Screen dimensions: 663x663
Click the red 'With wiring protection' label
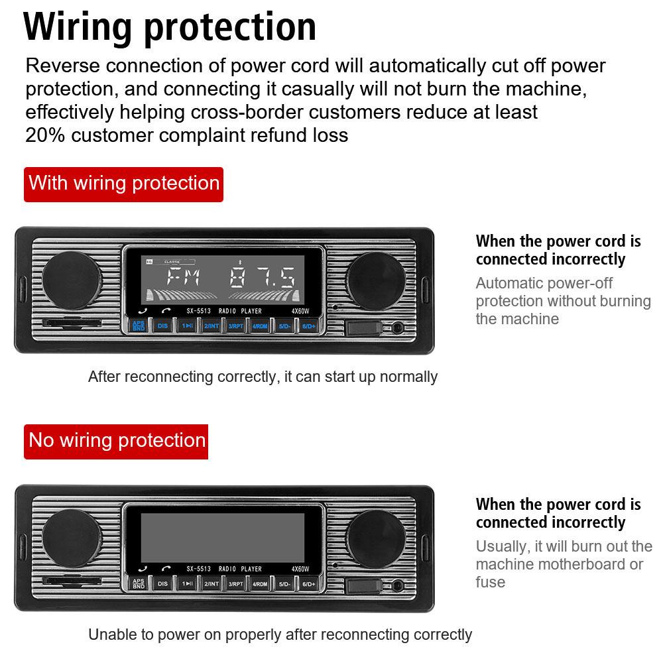124,184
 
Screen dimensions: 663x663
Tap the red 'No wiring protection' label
117,441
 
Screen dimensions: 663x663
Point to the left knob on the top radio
72,280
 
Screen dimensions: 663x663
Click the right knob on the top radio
375,280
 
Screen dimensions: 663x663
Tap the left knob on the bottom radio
72,538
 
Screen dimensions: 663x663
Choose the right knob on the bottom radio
375,538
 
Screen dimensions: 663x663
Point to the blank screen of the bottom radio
223,537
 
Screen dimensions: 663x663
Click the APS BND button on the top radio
139,326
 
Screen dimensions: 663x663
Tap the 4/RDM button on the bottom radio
259,584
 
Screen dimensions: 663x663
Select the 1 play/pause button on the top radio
188,326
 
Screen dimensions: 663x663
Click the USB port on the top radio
363,328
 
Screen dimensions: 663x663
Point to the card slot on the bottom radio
72,581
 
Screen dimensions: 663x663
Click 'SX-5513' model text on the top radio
198,311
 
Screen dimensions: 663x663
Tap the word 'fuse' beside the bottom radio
491,582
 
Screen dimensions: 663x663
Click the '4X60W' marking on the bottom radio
300,569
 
